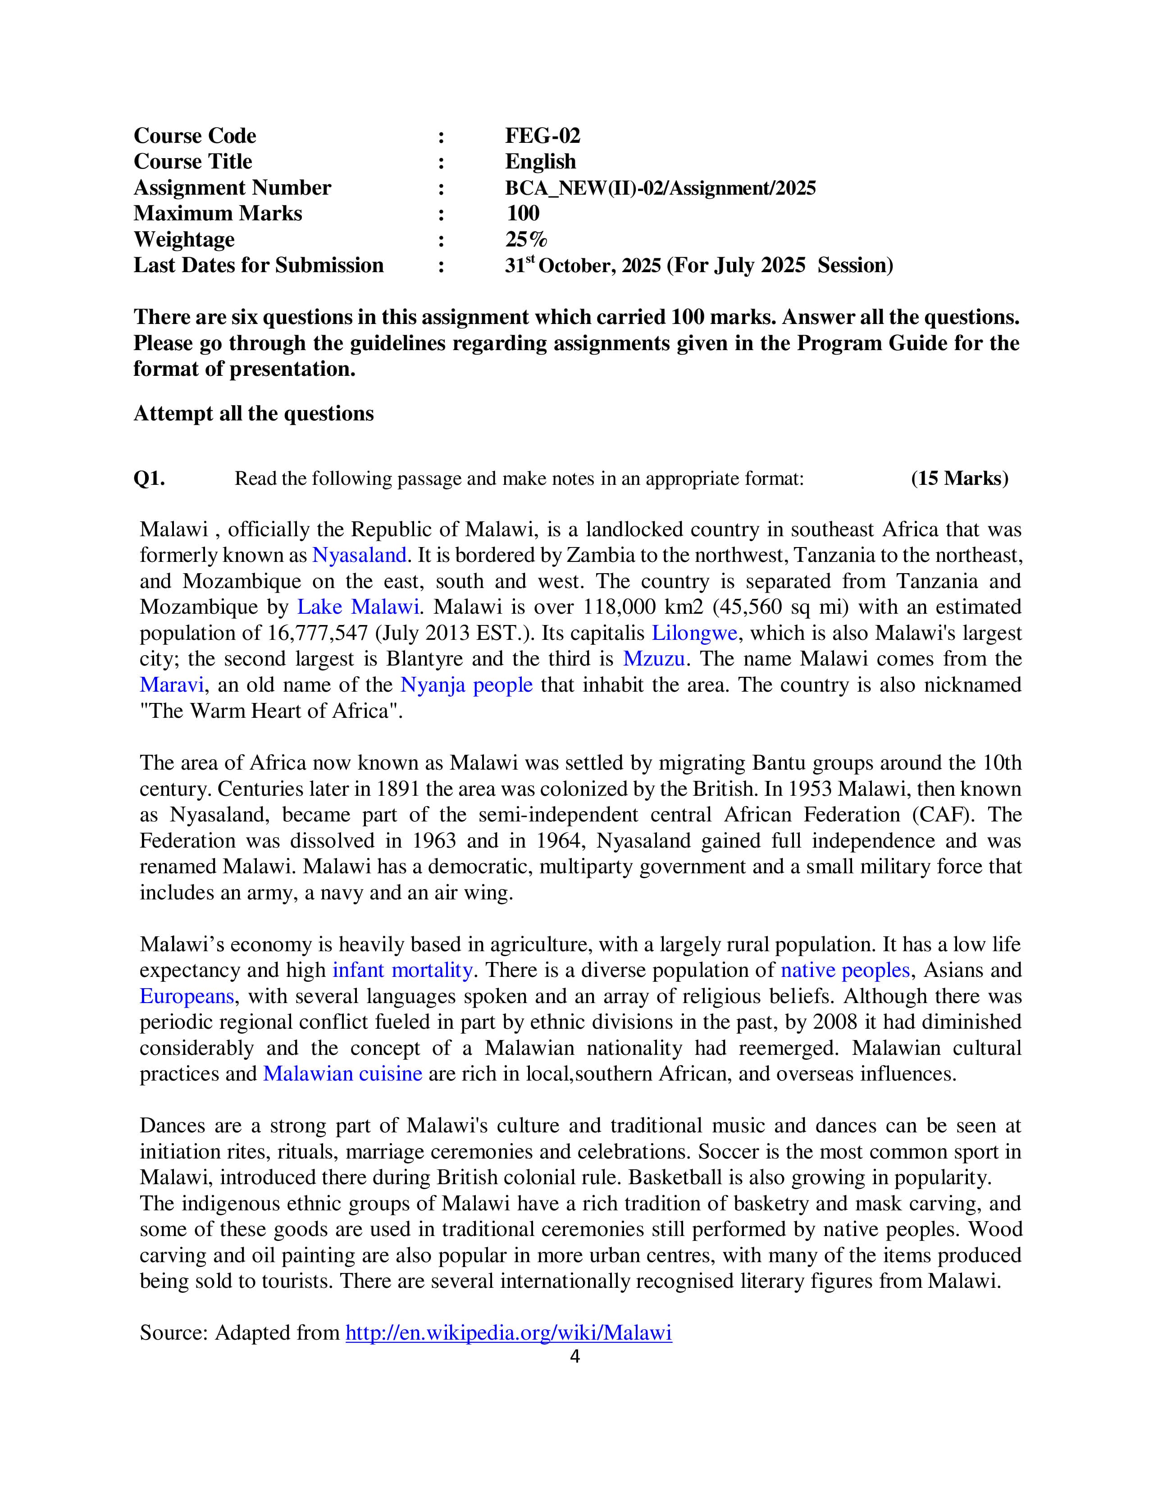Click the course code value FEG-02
click(x=543, y=136)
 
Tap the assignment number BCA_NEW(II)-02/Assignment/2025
click(x=660, y=187)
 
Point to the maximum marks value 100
click(x=523, y=213)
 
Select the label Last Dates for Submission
click(x=258, y=265)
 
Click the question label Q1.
click(x=149, y=479)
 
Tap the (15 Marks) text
click(x=959, y=479)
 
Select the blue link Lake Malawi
click(x=357, y=607)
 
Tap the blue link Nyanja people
click(x=466, y=685)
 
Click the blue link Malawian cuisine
click(x=342, y=1074)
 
